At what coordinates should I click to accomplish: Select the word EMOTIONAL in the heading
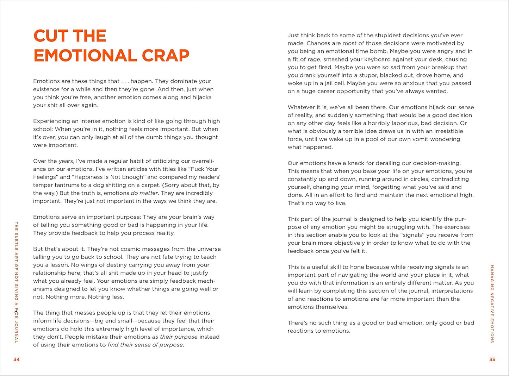[x=85, y=56]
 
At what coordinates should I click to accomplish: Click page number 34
[x=17, y=359]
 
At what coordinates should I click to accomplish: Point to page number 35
[x=492, y=359]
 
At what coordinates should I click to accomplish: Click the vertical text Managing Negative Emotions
[x=492, y=303]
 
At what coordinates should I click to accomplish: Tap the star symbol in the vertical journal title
[x=16, y=311]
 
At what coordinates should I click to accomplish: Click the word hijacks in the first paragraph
[x=202, y=97]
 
